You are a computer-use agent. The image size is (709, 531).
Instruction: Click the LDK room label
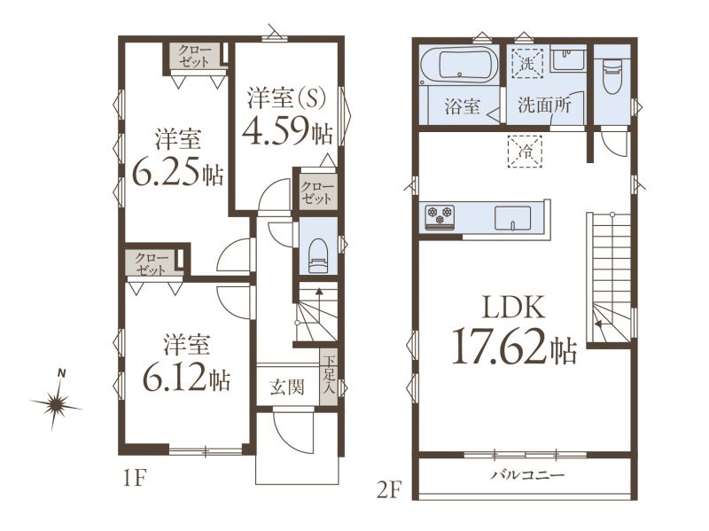tap(514, 308)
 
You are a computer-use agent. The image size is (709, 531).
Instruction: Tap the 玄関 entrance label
tap(286, 387)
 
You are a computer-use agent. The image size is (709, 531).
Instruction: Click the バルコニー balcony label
tap(528, 475)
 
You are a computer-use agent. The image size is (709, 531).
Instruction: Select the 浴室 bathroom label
tap(462, 106)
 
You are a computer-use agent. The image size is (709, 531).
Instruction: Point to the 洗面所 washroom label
tap(544, 105)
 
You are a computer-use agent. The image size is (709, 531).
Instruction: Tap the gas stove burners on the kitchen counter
tap(440, 215)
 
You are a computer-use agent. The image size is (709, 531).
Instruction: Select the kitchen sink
tap(512, 218)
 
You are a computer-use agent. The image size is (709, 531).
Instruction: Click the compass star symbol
tap(57, 402)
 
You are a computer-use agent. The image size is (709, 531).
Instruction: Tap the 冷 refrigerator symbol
tap(525, 152)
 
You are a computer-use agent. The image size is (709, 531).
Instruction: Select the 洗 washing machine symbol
tap(526, 64)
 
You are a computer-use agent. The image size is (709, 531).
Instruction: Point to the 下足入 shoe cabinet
tap(328, 378)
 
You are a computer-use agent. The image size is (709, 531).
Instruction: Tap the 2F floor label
tap(389, 490)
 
